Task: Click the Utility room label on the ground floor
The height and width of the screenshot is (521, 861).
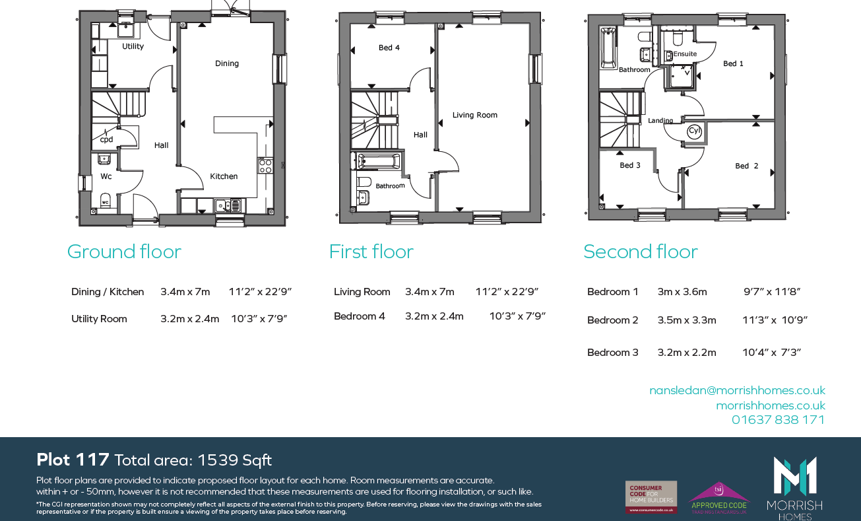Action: click(x=133, y=47)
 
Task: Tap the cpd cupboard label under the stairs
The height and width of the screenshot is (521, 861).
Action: click(x=106, y=139)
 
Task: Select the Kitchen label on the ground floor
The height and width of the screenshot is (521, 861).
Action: click(x=224, y=176)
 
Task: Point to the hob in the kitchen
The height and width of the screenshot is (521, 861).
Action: click(x=265, y=165)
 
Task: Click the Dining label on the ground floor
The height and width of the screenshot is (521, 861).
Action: click(x=227, y=63)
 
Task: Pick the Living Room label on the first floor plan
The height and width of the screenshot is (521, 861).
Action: click(x=474, y=115)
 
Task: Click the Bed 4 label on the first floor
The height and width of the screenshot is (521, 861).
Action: click(x=389, y=48)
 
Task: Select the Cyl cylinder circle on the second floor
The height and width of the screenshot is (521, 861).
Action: click(x=694, y=131)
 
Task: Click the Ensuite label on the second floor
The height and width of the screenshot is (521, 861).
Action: click(x=685, y=54)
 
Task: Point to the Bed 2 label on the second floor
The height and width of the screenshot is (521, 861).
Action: click(x=746, y=166)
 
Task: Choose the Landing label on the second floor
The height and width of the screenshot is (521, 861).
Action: click(x=660, y=121)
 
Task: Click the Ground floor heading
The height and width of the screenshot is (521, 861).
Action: click(x=124, y=252)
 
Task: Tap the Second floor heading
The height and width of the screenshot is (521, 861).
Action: click(x=640, y=252)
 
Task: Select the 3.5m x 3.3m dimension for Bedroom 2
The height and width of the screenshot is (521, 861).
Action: click(x=686, y=320)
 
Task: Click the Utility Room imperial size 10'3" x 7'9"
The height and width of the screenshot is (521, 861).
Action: click(x=259, y=319)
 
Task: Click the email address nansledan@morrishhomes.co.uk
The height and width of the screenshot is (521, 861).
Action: click(x=737, y=390)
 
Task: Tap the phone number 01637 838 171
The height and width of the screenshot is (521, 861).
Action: click(x=778, y=420)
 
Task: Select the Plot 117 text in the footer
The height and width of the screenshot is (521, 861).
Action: click(x=73, y=460)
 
